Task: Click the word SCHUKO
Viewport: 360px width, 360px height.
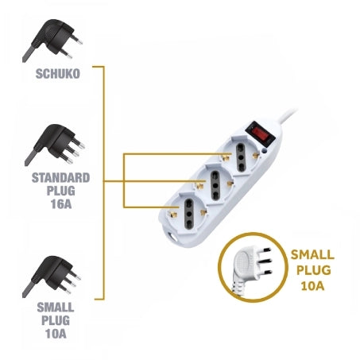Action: pos(58,74)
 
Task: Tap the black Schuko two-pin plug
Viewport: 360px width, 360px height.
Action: pos(52,41)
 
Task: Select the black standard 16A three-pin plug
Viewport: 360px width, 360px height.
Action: pos(55,145)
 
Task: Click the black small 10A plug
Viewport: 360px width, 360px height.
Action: pos(52,277)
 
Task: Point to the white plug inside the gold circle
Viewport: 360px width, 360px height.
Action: pos(251,268)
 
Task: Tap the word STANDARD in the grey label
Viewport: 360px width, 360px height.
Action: pos(60,178)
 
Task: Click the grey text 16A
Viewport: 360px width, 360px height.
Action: pos(61,204)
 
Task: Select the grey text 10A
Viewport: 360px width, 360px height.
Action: pos(56,334)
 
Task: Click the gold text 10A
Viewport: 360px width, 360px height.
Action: pos(312,286)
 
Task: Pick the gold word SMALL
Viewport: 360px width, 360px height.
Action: pos(312,254)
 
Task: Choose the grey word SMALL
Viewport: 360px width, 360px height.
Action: pos(56,308)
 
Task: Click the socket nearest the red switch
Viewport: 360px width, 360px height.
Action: pos(241,156)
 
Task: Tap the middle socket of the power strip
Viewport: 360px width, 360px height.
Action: pos(215,184)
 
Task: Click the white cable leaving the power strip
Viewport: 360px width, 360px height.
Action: pos(287,116)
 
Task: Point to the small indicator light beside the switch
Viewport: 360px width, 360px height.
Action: pos(264,151)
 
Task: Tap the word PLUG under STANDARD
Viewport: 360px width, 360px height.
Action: pos(61,191)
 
